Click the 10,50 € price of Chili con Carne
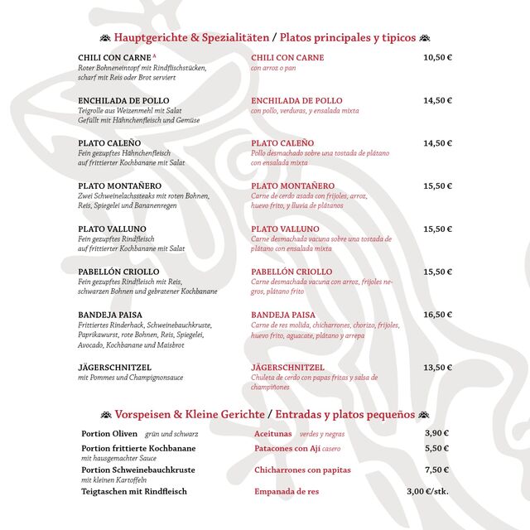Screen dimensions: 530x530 coord(437,58)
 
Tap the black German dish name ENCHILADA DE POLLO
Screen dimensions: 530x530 coord(123,101)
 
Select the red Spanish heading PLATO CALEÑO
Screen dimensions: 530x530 coord(282,143)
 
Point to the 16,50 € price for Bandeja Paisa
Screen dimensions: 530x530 coord(437,315)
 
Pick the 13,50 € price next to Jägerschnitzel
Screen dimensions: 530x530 coord(437,368)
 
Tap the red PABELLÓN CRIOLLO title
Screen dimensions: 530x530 coord(291,272)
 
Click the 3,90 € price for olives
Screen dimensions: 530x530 coord(436,433)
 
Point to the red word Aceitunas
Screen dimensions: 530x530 coord(273,434)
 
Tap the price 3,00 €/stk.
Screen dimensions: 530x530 coord(427,491)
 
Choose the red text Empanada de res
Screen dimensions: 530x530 coord(287,491)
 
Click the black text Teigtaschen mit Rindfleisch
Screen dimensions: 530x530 coord(134,491)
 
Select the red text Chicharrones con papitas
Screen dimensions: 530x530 coord(302,470)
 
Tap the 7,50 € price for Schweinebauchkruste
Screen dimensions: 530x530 coord(436,470)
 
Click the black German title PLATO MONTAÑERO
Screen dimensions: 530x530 coord(120,186)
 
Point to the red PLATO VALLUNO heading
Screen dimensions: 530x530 coord(286,229)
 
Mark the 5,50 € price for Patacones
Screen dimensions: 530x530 coord(436,448)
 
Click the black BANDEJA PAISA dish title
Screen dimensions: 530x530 coord(110,315)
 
